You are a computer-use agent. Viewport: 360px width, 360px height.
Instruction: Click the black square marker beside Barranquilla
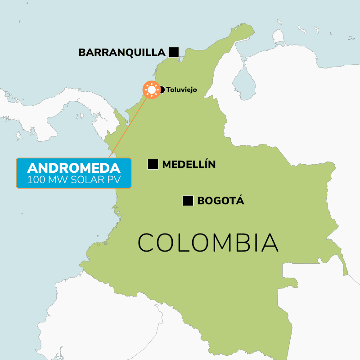tap(174, 52)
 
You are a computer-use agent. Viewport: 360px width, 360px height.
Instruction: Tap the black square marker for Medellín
tap(153, 165)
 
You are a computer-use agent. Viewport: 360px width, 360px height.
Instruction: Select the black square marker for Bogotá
tap(188, 201)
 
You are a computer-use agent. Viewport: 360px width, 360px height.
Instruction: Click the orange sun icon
tap(152, 90)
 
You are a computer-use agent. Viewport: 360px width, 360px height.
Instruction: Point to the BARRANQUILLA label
tap(122, 53)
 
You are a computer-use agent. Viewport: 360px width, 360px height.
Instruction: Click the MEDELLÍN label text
tap(189, 165)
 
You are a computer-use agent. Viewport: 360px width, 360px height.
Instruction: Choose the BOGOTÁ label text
tap(220, 201)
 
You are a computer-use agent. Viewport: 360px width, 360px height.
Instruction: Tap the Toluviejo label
tap(182, 90)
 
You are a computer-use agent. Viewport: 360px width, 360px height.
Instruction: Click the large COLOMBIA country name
tap(208, 243)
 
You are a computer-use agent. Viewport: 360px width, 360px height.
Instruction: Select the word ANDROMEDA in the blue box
tap(74, 168)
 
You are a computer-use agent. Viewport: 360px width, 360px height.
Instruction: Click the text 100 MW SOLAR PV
tap(74, 180)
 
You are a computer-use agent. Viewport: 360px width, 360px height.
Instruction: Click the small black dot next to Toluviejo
tap(162, 90)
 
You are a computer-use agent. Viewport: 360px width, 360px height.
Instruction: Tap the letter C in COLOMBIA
tap(147, 243)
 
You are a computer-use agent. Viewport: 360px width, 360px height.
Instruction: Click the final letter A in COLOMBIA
tap(270, 243)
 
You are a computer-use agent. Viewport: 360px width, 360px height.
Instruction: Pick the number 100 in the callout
tap(36, 180)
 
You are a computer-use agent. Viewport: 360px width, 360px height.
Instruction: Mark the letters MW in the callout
tap(58, 180)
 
